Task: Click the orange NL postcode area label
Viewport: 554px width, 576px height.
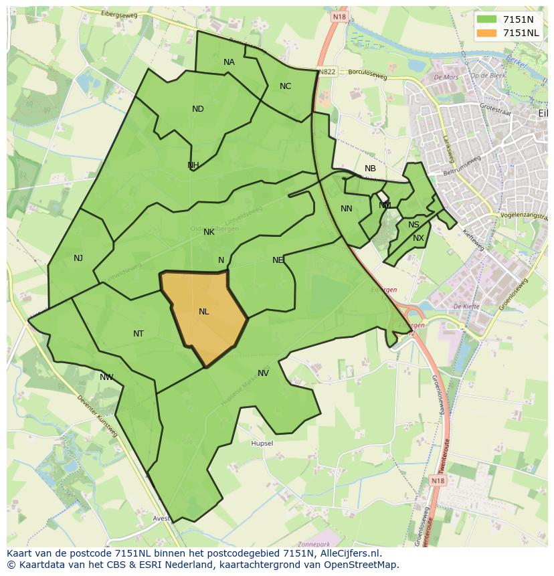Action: (203, 311)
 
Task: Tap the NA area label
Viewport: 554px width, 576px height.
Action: (229, 62)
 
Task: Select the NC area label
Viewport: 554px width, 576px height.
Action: (285, 86)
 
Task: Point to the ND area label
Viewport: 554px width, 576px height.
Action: (197, 109)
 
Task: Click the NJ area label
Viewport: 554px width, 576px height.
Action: (78, 258)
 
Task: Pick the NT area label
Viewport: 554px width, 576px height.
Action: (138, 333)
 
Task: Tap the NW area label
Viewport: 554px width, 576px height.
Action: (106, 377)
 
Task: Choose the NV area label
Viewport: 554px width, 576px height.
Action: (263, 373)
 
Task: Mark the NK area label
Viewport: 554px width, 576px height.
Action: (209, 231)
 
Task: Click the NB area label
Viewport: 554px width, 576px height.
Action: (370, 169)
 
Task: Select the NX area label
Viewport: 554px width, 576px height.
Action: (418, 238)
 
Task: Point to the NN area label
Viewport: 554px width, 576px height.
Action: (346, 209)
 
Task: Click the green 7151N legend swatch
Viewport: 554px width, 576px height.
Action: (487, 19)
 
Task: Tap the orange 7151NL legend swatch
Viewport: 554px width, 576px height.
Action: (487, 32)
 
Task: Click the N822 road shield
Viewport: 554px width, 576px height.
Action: (327, 72)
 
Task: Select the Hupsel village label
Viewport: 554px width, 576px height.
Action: (262, 444)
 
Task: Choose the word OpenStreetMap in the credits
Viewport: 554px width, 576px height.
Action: (365, 565)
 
